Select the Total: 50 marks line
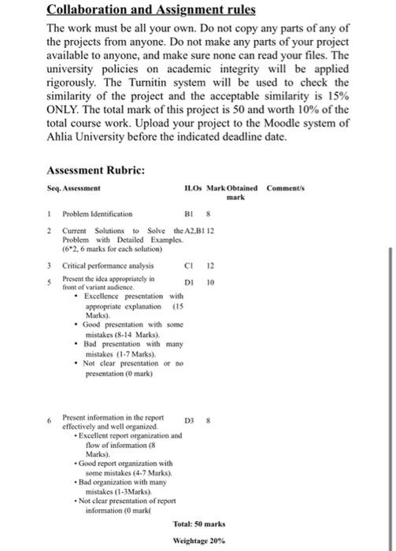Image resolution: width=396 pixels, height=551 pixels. pyautogui.click(x=201, y=523)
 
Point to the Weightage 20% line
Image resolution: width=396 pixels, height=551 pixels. pyautogui.click(x=202, y=542)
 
